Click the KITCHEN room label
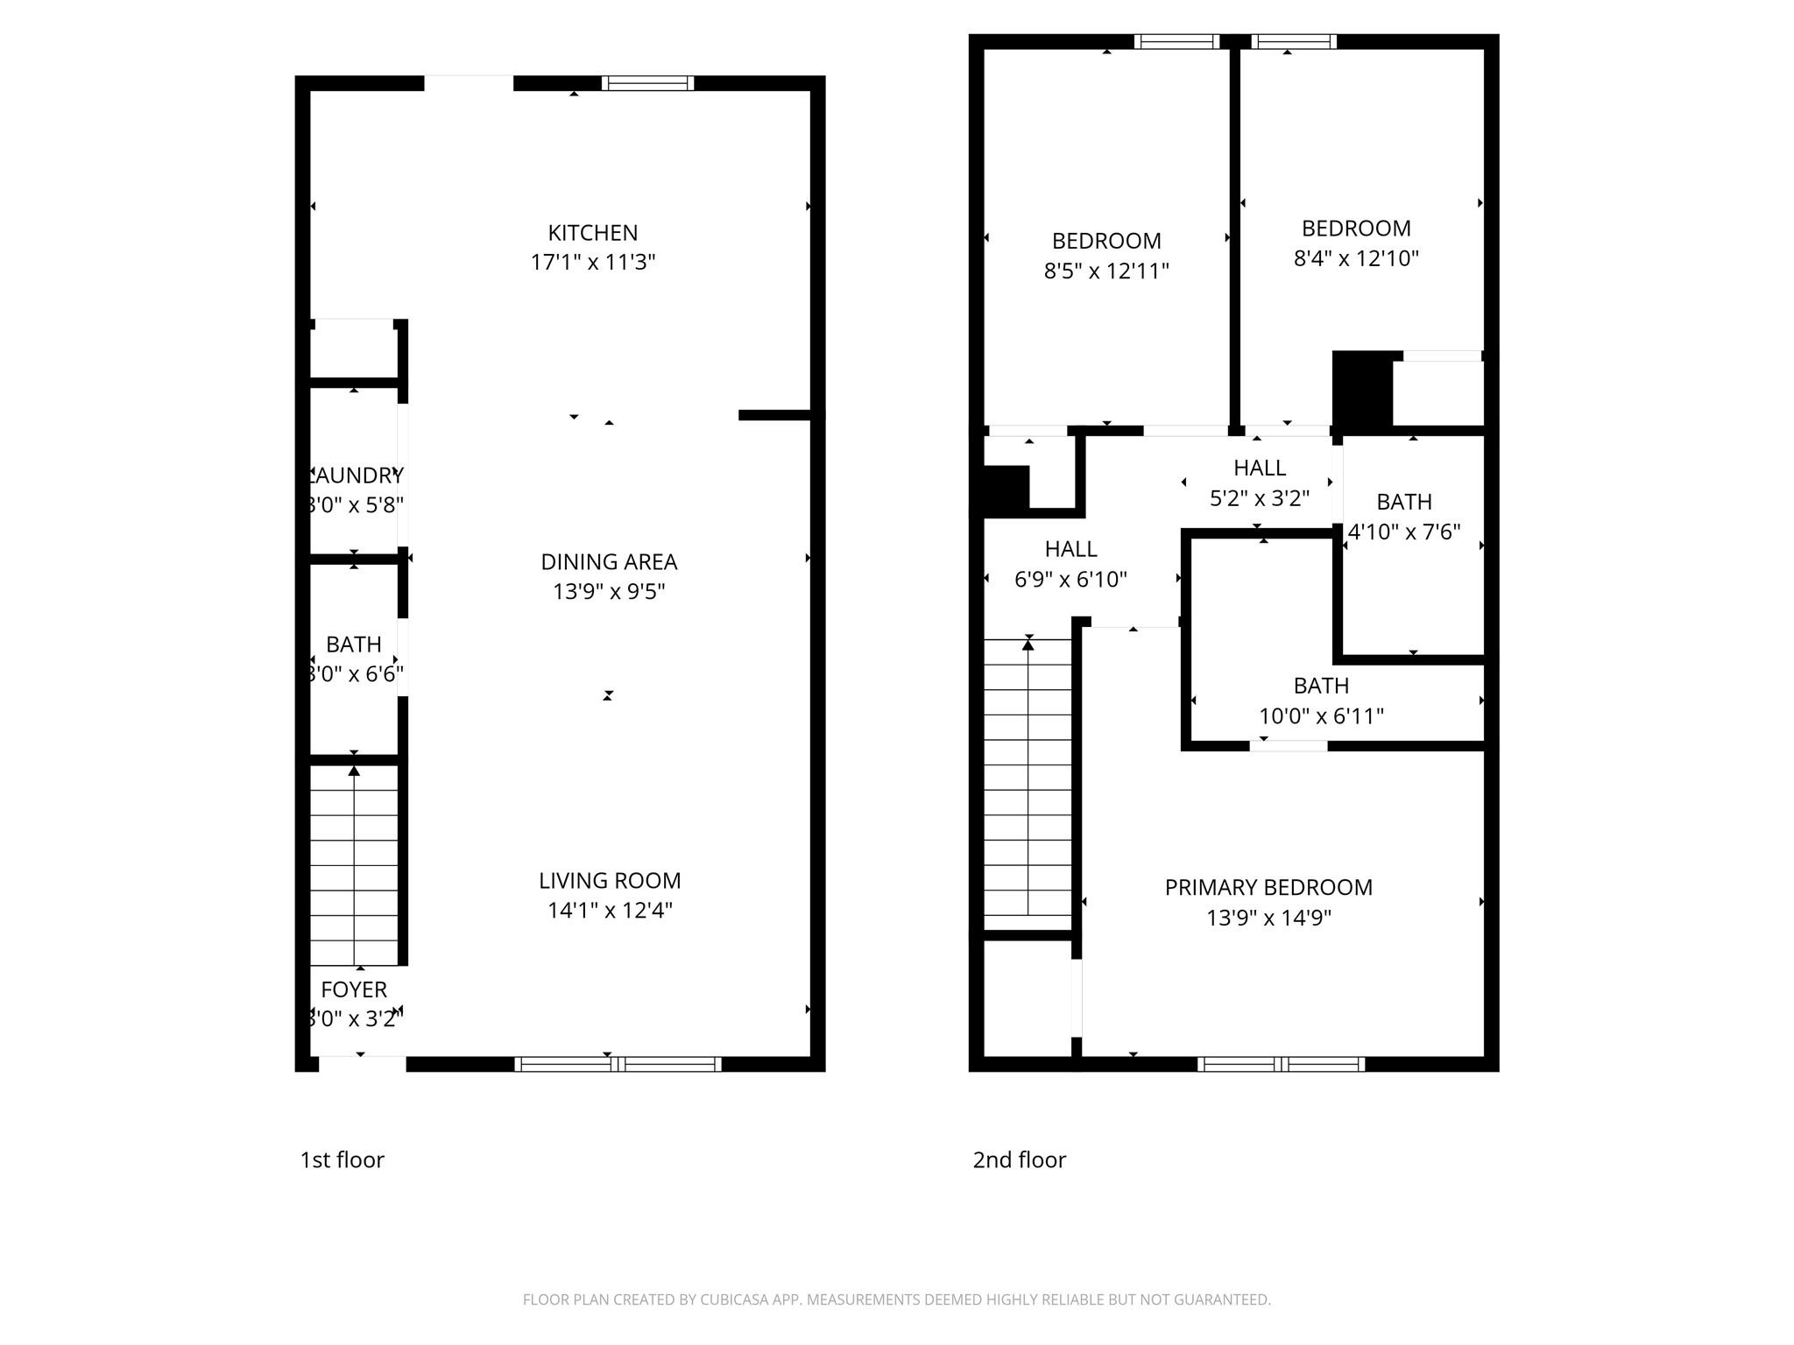(x=592, y=233)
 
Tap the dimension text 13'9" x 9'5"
(x=609, y=592)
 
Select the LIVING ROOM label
(x=609, y=880)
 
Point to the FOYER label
(x=354, y=989)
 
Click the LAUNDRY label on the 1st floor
(x=356, y=475)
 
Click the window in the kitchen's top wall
(x=647, y=83)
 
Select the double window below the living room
(x=618, y=1064)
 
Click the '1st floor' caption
(x=342, y=1159)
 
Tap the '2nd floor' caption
(x=1019, y=1159)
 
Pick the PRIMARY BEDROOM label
(x=1268, y=887)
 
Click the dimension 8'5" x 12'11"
(x=1105, y=271)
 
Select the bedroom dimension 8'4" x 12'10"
(x=1355, y=258)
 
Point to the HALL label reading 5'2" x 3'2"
(x=1259, y=468)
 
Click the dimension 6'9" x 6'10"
(x=1070, y=579)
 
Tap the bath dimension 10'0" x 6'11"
(x=1320, y=715)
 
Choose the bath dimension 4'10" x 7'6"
(x=1403, y=532)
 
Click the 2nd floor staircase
(x=1028, y=779)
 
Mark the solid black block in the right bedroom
(x=1361, y=390)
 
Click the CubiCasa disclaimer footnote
(x=896, y=1299)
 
